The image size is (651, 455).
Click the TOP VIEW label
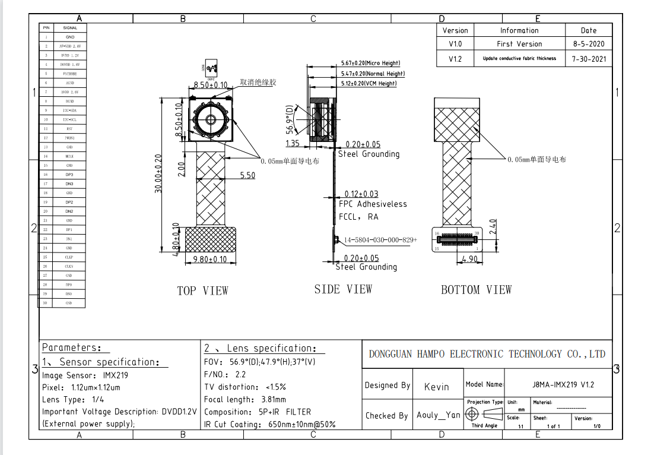pos(202,290)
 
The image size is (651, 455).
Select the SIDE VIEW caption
pos(343,289)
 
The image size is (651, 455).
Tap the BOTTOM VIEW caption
pos(476,290)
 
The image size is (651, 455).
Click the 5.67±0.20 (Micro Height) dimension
pos(370,63)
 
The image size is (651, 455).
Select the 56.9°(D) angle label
pos(290,120)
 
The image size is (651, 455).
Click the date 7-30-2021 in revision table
pos(589,59)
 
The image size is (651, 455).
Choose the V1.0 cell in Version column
pos(455,44)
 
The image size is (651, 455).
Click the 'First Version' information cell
pos(519,44)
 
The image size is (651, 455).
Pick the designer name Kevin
pos(437,387)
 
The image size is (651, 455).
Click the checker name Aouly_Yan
pos(439,415)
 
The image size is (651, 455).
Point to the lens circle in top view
pos(211,119)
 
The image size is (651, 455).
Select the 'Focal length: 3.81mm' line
pos(245,399)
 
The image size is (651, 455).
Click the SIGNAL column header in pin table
pos(70,27)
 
